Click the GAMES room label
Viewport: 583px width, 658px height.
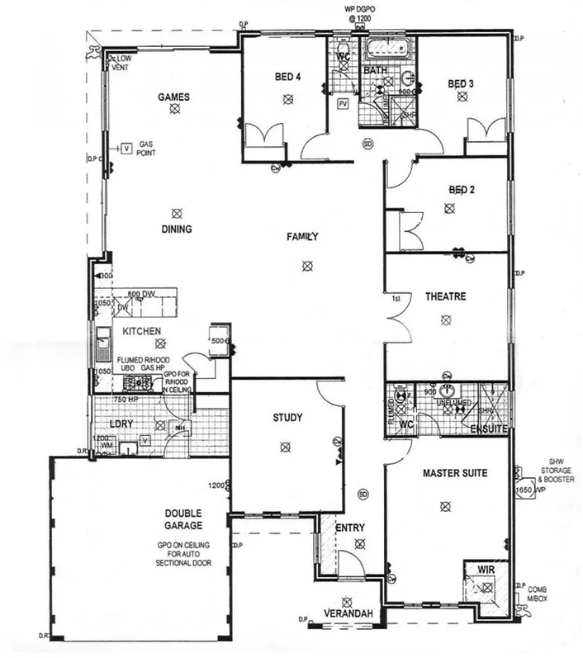click(174, 97)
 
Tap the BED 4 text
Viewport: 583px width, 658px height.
click(287, 78)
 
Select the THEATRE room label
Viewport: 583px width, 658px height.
click(446, 296)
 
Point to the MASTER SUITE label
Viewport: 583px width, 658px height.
click(454, 474)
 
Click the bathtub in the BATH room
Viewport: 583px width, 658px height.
click(383, 47)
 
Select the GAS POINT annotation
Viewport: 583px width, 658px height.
click(148, 149)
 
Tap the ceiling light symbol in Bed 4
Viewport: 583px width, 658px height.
click(287, 99)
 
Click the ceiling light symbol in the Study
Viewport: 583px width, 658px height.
click(285, 447)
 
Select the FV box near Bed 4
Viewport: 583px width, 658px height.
click(343, 104)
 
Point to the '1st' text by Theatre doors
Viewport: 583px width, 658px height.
click(396, 298)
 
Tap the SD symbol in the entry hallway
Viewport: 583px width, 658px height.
click(362, 495)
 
